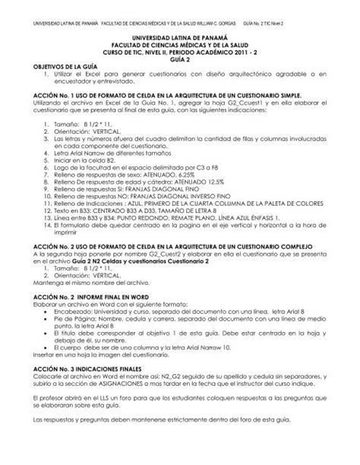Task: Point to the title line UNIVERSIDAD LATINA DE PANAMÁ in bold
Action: [180, 36]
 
